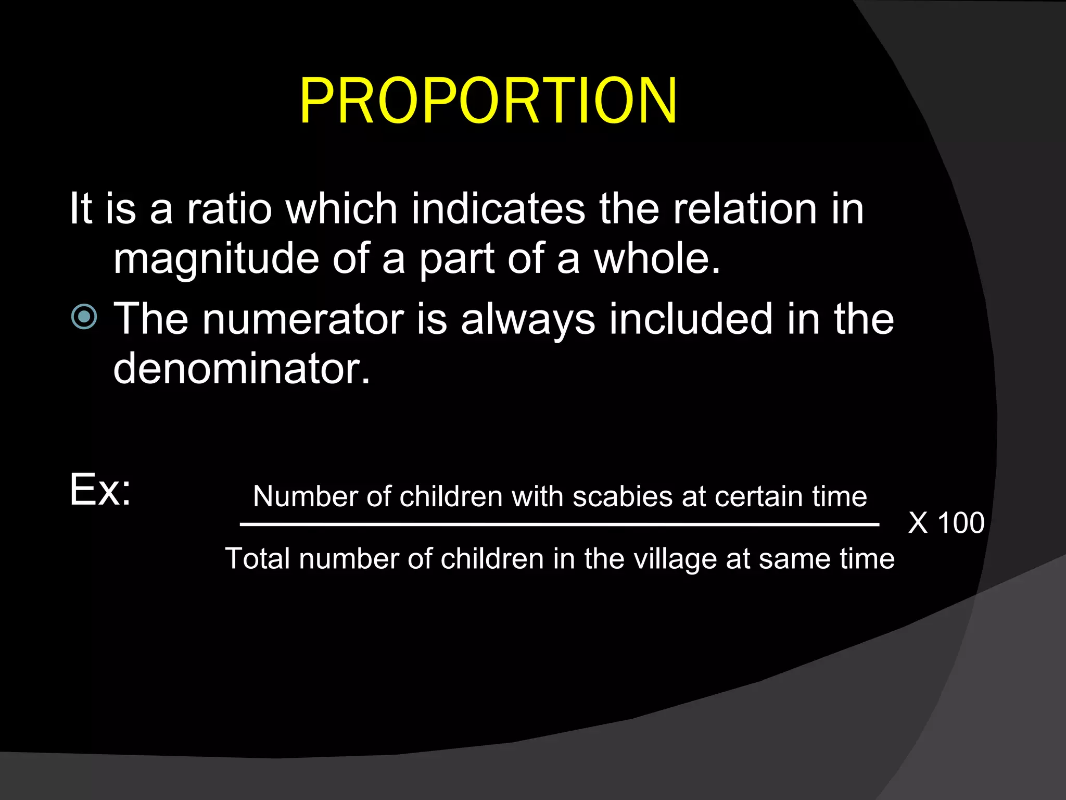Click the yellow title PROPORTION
(488, 101)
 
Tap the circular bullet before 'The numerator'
(84, 316)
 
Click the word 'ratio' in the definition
(229, 209)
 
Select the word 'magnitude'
(216, 259)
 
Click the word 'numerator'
(303, 319)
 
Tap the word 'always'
(528, 320)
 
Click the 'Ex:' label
(100, 490)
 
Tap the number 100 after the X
(961, 522)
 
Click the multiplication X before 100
(918, 522)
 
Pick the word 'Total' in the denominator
(258, 559)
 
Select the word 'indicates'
(498, 209)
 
